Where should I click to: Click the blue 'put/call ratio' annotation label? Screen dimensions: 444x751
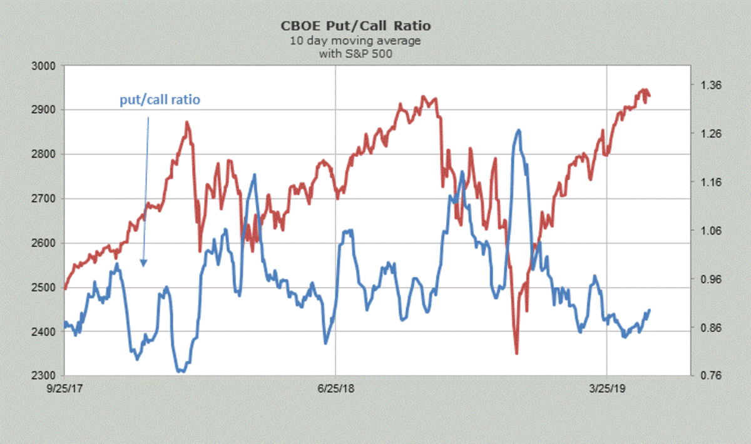coord(160,99)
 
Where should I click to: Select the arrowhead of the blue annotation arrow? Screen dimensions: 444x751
coord(143,263)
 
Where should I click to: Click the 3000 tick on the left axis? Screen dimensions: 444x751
coord(44,66)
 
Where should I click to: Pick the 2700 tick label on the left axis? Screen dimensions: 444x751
coord(44,199)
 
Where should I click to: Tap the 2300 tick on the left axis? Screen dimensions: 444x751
coord(44,376)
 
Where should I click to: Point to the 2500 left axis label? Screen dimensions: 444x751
coord(44,288)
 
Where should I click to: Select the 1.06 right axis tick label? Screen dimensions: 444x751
coord(710,231)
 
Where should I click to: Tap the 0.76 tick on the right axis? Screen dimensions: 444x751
coord(710,376)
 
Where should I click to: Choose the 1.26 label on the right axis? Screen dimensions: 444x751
coord(710,134)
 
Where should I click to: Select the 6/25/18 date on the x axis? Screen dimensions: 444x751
coord(336,388)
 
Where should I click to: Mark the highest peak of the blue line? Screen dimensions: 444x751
coord(518,130)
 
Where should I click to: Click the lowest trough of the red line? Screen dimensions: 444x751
coord(517,353)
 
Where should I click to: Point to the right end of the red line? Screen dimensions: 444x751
coord(650,96)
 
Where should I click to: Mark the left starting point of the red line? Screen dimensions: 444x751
coord(65,289)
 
